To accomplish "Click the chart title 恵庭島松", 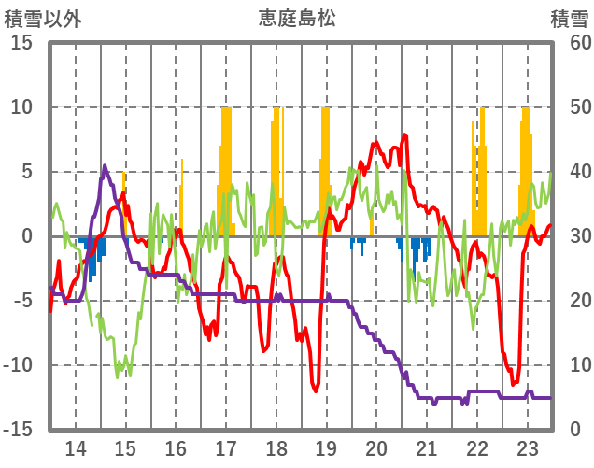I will (x=297, y=18).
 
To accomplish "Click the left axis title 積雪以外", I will (x=41, y=18).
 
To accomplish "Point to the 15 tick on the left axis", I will (x=21, y=43).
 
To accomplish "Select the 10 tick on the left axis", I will (x=21, y=107).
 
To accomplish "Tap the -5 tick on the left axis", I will (x=21, y=301).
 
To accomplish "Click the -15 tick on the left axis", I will (x=21, y=430).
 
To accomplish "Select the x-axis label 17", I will (x=225, y=447).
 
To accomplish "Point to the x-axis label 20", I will (x=376, y=447).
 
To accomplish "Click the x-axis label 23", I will (x=527, y=447).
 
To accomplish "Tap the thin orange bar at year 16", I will (x=181, y=196).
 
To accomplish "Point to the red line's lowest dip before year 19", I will (x=316, y=391).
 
